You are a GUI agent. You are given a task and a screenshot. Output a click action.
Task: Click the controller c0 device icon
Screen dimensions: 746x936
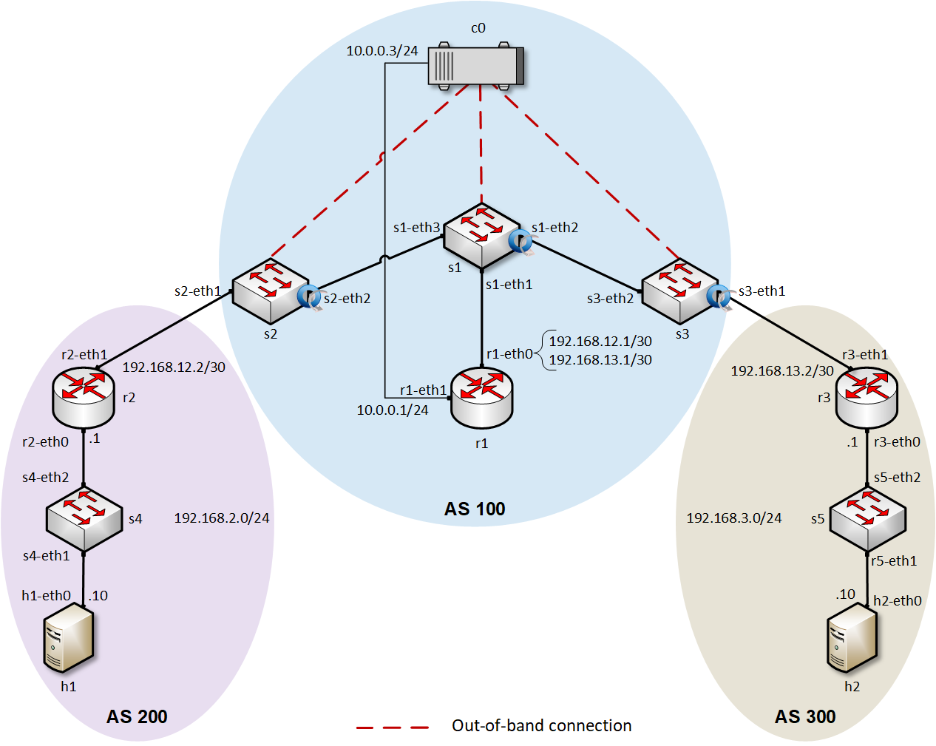(476, 67)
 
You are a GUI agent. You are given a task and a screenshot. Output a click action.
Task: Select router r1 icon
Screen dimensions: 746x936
(482, 398)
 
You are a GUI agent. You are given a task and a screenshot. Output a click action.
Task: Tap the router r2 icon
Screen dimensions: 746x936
(84, 397)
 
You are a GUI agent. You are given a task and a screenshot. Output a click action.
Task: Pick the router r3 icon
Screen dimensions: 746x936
(867, 397)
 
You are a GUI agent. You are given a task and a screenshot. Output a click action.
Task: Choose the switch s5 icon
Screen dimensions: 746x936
(867, 518)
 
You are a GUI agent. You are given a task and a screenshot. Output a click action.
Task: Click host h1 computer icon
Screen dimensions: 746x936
(69, 637)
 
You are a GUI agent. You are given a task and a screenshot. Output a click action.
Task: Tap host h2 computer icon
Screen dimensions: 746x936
(852, 637)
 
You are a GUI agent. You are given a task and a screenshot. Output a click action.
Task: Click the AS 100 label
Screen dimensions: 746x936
(475, 509)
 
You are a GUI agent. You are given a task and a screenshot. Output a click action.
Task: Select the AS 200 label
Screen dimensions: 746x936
(137, 716)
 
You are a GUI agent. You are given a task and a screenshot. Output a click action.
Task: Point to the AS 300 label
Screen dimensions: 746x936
(805, 716)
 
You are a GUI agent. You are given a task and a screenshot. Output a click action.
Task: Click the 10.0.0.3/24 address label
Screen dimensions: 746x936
(382, 51)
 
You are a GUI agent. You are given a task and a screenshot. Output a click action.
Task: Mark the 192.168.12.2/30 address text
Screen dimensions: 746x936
(174, 367)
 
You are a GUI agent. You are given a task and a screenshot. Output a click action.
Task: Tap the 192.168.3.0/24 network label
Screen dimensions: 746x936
(734, 518)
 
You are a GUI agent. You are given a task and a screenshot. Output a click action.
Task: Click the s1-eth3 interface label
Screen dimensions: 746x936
(416, 228)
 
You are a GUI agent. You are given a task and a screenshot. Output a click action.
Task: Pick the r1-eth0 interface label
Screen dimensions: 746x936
(509, 354)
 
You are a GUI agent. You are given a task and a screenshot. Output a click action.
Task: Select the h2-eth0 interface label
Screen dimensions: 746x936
(898, 601)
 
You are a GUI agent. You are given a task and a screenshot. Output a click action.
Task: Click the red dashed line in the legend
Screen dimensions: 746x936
(393, 727)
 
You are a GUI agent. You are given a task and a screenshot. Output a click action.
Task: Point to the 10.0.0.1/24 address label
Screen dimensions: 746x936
(393, 410)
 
